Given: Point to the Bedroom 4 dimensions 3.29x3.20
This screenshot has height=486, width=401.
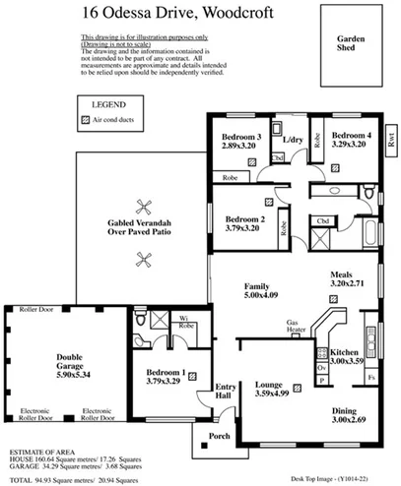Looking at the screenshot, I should [349, 145].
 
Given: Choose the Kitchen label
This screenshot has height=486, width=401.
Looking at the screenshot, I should [345, 351].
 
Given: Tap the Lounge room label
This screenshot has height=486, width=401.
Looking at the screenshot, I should [270, 387].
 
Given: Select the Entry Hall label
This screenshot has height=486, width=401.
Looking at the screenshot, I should [226, 391].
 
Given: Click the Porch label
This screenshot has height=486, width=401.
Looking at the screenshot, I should [218, 438].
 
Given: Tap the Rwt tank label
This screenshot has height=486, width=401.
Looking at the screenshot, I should [390, 140].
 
